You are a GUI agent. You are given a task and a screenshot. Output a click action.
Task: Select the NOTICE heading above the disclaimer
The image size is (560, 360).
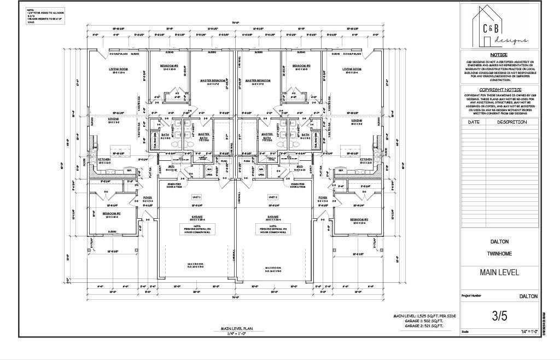click(498, 55)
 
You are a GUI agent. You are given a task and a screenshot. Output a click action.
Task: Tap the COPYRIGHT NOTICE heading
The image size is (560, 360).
click(500, 90)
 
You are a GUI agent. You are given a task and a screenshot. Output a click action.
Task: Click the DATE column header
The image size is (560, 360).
click(473, 122)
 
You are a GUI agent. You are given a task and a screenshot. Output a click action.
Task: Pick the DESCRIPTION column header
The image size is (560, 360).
click(512, 122)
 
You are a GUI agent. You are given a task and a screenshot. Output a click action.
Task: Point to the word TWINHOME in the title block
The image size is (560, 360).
click(499, 254)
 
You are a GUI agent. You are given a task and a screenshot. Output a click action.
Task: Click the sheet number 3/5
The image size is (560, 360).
click(499, 316)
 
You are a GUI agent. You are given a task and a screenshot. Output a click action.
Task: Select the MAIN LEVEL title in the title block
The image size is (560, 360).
click(499, 272)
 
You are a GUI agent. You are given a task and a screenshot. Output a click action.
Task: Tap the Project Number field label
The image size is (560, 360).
click(471, 295)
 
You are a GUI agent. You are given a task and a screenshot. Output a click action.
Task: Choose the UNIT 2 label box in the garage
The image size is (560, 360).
click(273, 197)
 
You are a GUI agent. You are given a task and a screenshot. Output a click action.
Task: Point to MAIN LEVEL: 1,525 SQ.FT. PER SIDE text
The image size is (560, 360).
click(424, 316)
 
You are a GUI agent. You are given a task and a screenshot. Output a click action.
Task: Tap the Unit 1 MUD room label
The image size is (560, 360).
click(171, 167)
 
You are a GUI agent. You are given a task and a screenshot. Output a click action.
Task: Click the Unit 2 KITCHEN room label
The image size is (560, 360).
click(366, 159)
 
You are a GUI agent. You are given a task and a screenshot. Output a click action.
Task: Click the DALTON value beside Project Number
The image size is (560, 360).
click(528, 296)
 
